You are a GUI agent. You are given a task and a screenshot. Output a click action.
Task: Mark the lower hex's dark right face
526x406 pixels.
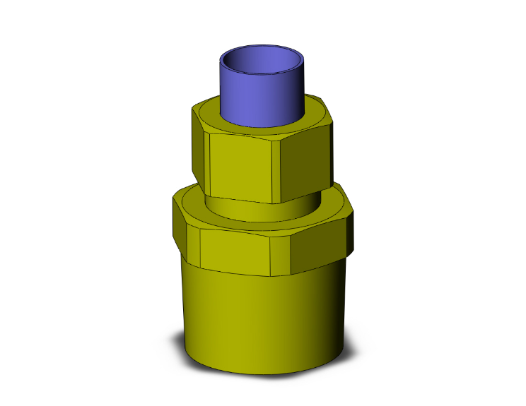(x=322, y=240)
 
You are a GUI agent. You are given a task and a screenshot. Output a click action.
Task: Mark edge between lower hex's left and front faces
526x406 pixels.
(x=201, y=248)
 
